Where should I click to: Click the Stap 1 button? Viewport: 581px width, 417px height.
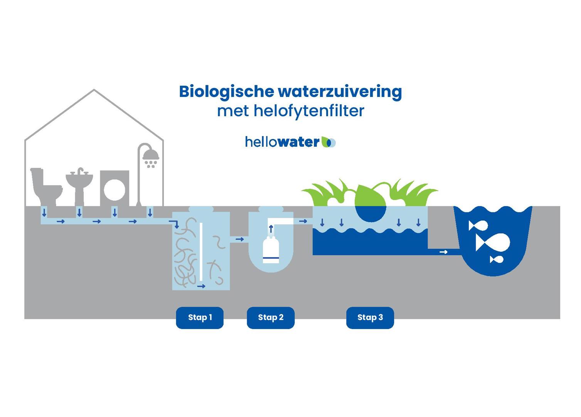(200, 318)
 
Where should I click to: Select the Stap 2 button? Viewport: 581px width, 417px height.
(271, 318)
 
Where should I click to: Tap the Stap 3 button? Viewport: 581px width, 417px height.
(370, 318)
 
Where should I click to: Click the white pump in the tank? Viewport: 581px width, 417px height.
(271, 250)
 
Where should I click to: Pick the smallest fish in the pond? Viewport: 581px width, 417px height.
(497, 259)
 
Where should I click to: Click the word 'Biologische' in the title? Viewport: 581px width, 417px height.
(226, 92)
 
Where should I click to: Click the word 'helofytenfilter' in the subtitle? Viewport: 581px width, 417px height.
(309, 111)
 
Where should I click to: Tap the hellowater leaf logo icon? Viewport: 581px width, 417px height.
(328, 142)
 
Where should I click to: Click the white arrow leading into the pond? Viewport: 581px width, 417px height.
(443, 252)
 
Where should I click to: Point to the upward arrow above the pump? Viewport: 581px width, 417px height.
(271, 229)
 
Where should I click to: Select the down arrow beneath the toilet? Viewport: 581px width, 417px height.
(44, 212)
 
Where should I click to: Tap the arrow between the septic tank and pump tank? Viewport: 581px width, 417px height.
(239, 239)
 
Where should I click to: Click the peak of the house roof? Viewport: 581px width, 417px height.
(94, 90)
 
